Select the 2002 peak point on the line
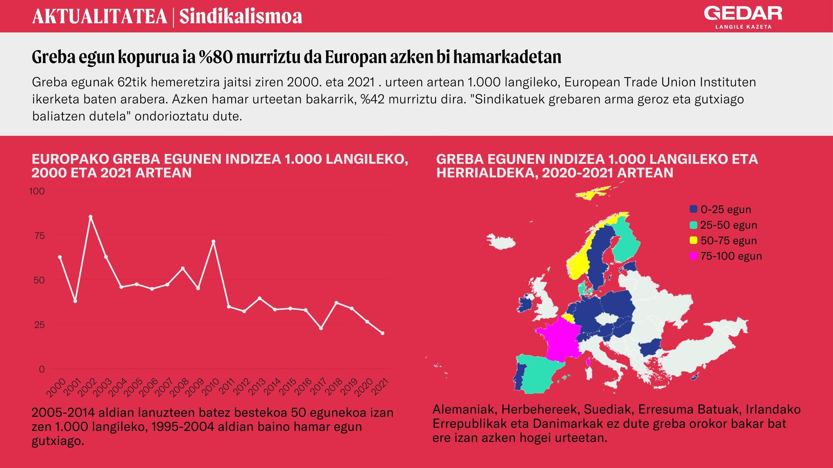click(90, 217)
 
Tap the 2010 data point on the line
click(213, 241)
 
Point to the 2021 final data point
click(382, 333)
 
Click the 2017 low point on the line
click(321, 328)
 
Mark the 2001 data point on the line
click(75, 301)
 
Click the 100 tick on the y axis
click(37, 191)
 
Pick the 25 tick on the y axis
click(39, 325)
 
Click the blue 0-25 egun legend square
click(693, 209)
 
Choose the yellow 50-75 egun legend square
click(693, 240)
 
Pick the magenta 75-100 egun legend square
click(693, 256)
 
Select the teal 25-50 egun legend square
click(693, 225)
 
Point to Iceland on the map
click(501, 242)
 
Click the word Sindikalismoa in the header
click(241, 16)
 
